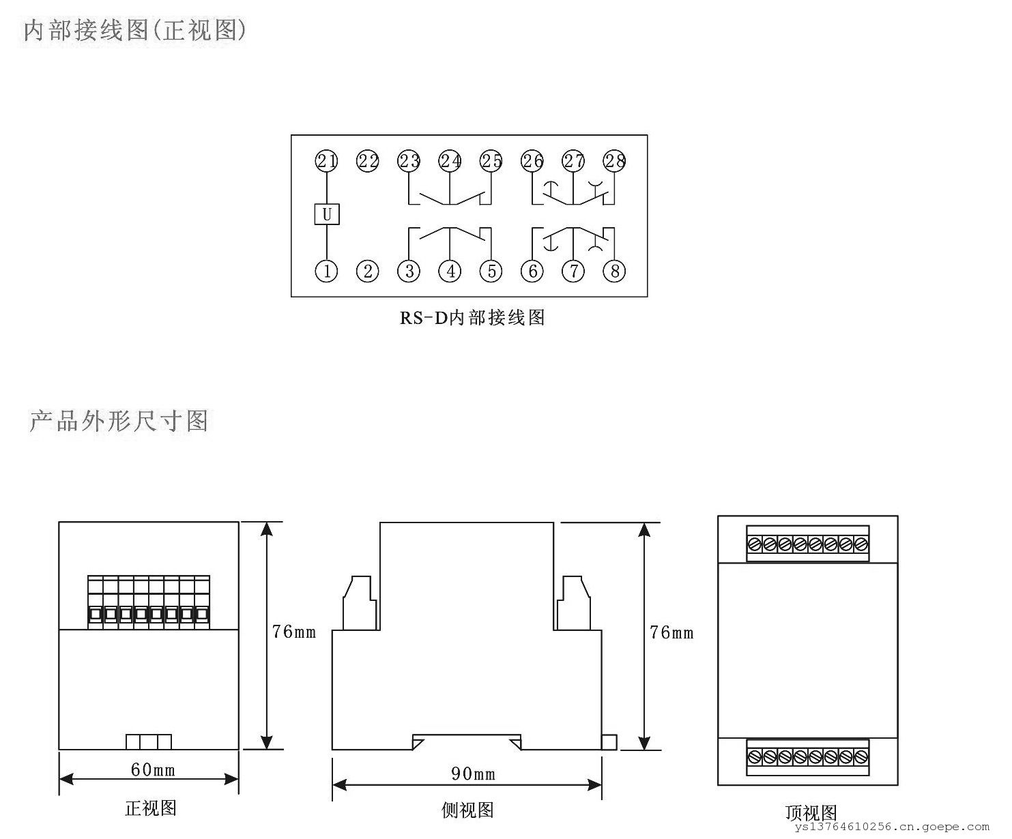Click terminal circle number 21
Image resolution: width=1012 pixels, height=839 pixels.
coord(327,161)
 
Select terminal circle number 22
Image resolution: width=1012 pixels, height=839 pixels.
coord(368,161)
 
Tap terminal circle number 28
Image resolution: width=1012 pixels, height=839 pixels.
coord(614,161)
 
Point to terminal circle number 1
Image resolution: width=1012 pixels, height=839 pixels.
coord(327,271)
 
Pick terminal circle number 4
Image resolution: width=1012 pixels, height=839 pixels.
coord(450,271)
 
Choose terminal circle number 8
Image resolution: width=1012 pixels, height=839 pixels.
coord(614,271)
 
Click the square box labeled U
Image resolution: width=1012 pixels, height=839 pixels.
coord(327,214)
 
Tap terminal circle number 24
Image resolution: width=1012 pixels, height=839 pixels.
coord(450,161)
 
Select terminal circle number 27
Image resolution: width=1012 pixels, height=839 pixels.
coord(573,161)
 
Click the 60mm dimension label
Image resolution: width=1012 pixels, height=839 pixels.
coord(153,770)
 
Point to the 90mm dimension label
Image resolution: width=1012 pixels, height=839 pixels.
coord(473,774)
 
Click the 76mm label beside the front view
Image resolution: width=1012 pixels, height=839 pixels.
coord(294,632)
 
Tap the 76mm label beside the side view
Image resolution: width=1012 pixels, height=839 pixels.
coord(671,633)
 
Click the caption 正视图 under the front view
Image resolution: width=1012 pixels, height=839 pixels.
coord(151,808)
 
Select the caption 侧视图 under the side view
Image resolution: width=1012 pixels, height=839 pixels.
coord(467,810)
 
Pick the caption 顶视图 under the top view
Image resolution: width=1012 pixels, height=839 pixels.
coord(811,813)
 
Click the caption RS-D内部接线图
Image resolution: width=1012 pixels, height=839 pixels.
coord(472,318)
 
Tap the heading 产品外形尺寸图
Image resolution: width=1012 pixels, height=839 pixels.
coord(119,421)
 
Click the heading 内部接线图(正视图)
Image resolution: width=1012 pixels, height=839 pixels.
coord(134,31)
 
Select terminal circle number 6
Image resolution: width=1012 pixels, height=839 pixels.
coord(532,271)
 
